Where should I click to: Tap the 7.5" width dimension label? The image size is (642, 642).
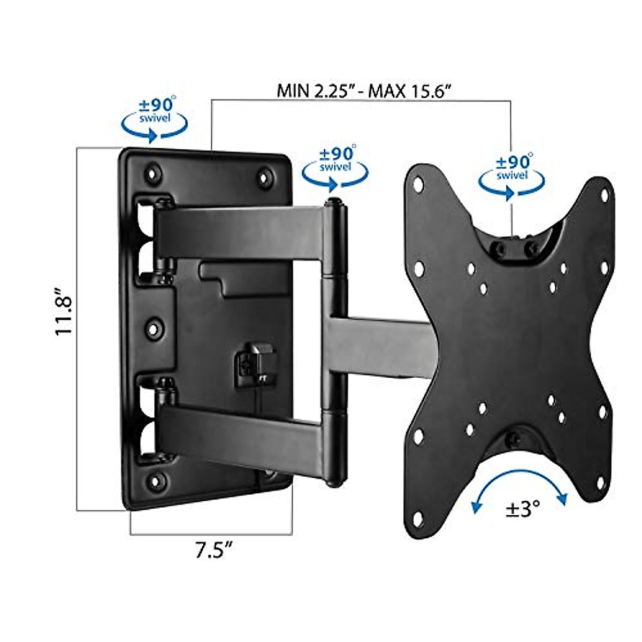(213, 550)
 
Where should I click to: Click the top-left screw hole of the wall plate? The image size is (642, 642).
(152, 174)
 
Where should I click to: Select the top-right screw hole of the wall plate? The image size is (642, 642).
(265, 178)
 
